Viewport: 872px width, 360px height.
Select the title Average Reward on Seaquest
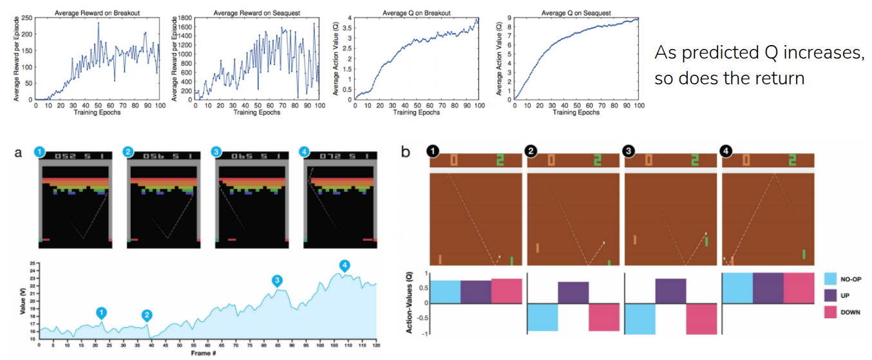257,12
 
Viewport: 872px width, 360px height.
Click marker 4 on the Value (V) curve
345,265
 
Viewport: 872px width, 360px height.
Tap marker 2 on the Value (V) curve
147,315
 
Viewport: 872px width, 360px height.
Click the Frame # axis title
207,354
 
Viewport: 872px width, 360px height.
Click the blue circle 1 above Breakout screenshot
39,152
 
